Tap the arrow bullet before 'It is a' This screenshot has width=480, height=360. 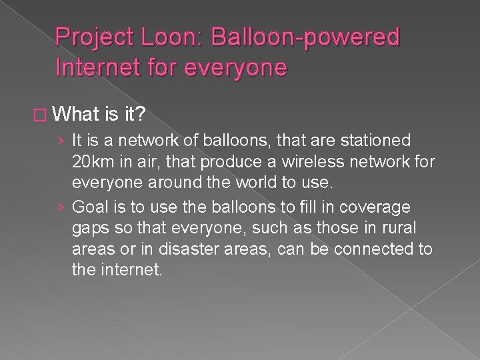pos(61,141)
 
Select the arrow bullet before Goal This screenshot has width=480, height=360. pos(61,207)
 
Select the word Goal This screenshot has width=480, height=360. pos(89,207)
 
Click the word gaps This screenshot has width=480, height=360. pos(89,229)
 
